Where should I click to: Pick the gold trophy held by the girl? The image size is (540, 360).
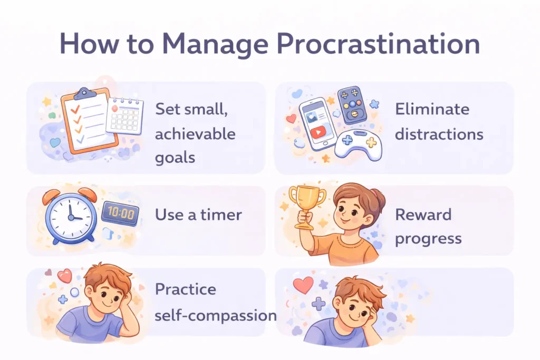307,203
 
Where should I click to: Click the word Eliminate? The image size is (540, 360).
432,109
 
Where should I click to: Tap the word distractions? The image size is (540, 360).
439,134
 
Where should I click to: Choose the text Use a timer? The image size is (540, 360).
198,215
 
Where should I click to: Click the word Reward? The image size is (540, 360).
423,215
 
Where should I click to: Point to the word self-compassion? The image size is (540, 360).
216,315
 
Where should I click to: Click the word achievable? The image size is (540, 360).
195,134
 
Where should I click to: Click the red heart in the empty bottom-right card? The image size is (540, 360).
303,285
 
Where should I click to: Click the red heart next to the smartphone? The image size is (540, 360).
291,119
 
